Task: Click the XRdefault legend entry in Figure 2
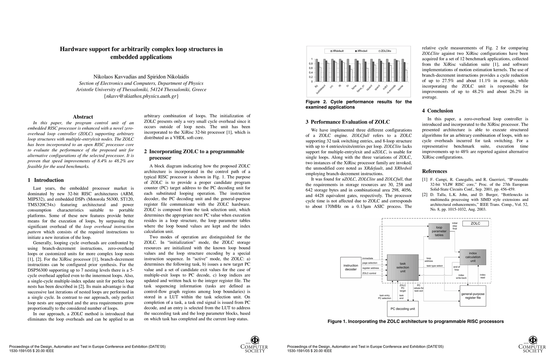point(338,51)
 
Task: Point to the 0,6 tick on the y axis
point(311,68)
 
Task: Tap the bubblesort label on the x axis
point(321,89)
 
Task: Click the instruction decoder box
point(351,267)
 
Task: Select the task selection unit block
point(402,267)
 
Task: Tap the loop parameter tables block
point(439,231)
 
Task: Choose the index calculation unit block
point(473,257)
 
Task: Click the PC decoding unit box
point(402,309)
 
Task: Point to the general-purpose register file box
point(473,296)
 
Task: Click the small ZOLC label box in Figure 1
point(475,223)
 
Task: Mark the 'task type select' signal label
point(435,266)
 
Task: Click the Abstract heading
point(83,117)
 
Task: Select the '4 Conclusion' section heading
point(438,111)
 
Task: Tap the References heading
point(435,171)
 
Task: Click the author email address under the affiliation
point(141,96)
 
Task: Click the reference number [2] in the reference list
point(425,195)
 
